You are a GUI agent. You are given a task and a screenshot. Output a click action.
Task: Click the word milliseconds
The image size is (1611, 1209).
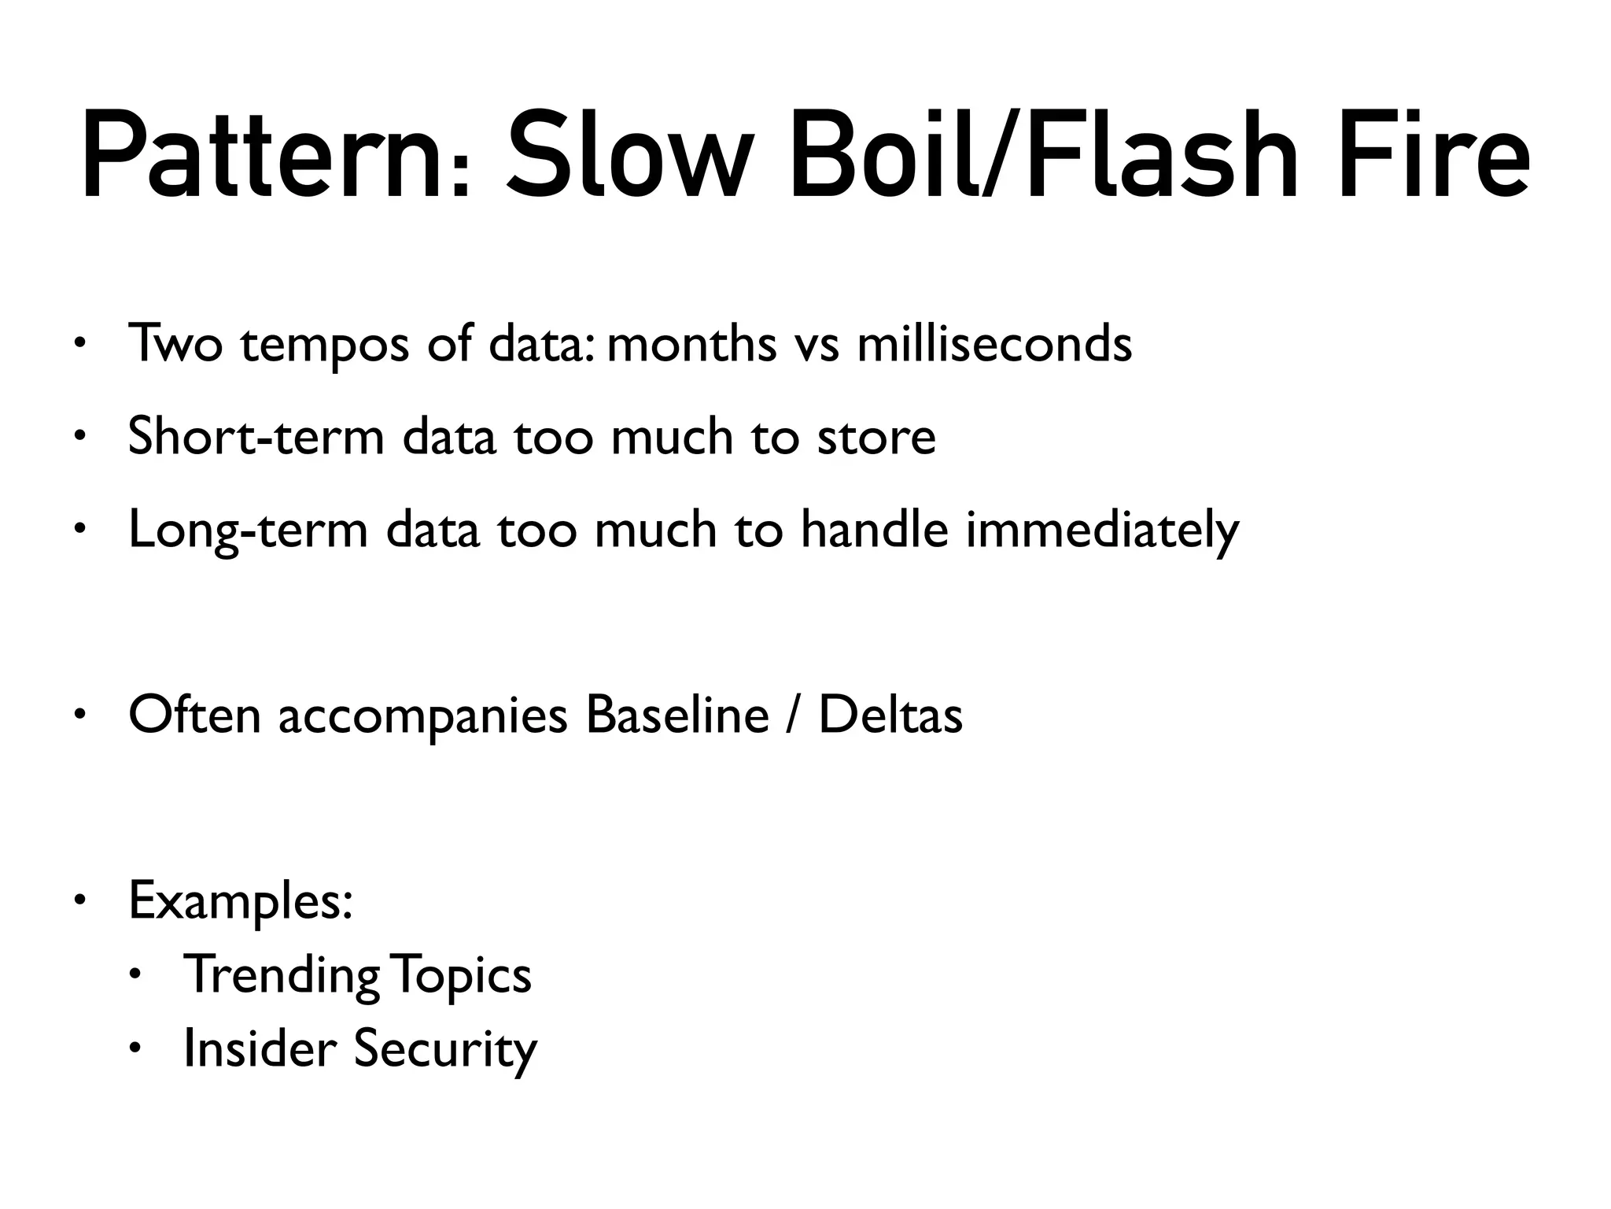[994, 344]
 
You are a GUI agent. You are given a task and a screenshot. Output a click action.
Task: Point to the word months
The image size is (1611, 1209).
[691, 344]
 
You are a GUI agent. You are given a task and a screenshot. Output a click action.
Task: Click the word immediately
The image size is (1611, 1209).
[1102, 531]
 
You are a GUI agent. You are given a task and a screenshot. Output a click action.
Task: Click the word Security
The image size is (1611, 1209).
[445, 1049]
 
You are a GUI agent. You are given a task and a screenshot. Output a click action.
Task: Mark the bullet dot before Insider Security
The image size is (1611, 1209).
[135, 1048]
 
